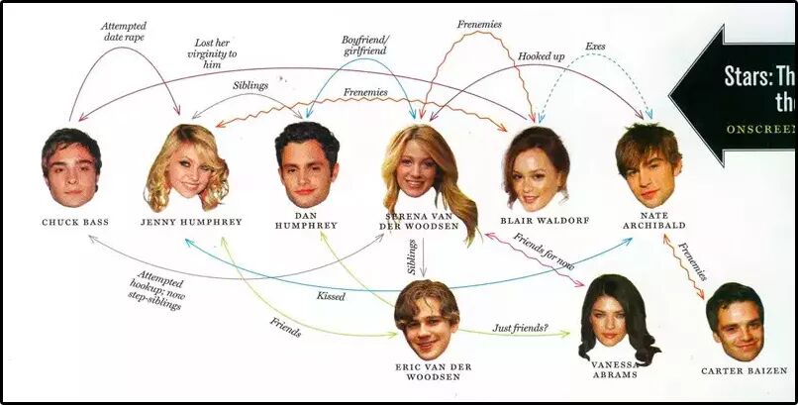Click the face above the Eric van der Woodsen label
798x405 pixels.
coord(428,321)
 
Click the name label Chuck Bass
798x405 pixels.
coord(75,222)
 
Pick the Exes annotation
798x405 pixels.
coord(595,47)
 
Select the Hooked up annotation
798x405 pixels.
coord(541,56)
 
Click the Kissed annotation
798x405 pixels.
coord(331,296)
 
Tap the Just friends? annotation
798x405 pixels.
coord(519,327)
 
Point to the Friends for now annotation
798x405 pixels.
coord(543,253)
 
